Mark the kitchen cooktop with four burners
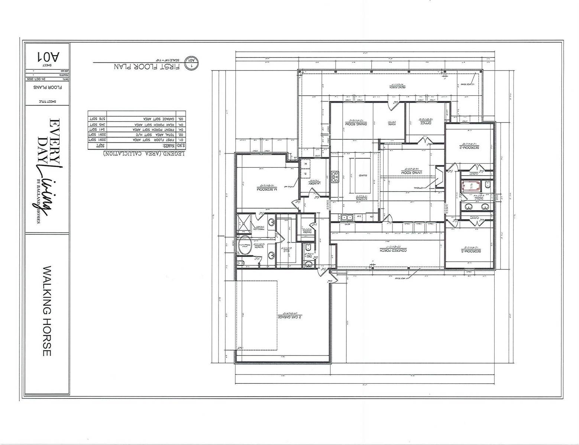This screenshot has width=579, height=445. coord(335,177)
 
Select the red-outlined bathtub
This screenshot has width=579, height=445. coord(472,186)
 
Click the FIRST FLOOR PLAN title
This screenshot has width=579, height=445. coord(147,67)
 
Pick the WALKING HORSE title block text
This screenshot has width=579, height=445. coord(47,310)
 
